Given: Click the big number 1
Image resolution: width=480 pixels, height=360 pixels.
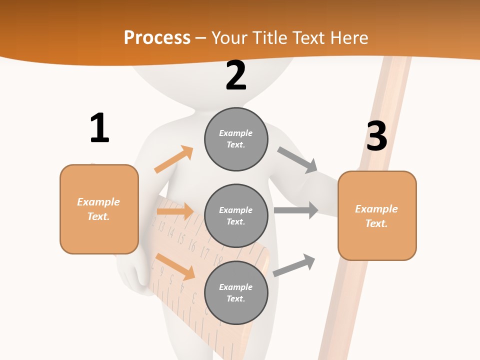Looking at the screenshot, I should pyautogui.click(x=99, y=128).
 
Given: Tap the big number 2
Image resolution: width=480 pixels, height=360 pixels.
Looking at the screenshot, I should pyautogui.click(x=235, y=75).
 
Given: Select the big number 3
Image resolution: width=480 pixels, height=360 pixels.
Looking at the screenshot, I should pyautogui.click(x=376, y=136).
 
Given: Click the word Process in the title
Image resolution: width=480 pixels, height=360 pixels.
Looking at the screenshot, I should pyautogui.click(x=157, y=37).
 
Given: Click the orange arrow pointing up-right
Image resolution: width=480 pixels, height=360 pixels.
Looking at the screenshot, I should pyautogui.click(x=173, y=159).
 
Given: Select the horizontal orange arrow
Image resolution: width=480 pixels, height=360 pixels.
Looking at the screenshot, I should pyautogui.click(x=175, y=211).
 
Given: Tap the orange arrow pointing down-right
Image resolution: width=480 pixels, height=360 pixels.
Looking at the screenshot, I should pyautogui.click(x=175, y=266).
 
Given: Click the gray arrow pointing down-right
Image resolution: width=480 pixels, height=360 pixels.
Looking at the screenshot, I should pyautogui.click(x=297, y=160).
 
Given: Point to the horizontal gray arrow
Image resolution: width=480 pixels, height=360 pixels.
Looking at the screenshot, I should pyautogui.click(x=295, y=210).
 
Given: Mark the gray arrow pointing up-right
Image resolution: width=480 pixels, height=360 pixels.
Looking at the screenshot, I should pyautogui.click(x=294, y=265).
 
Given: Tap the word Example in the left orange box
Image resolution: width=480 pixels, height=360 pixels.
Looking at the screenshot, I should pyautogui.click(x=98, y=201).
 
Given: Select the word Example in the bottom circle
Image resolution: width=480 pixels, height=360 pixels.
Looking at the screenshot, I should pyautogui.click(x=235, y=287).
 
